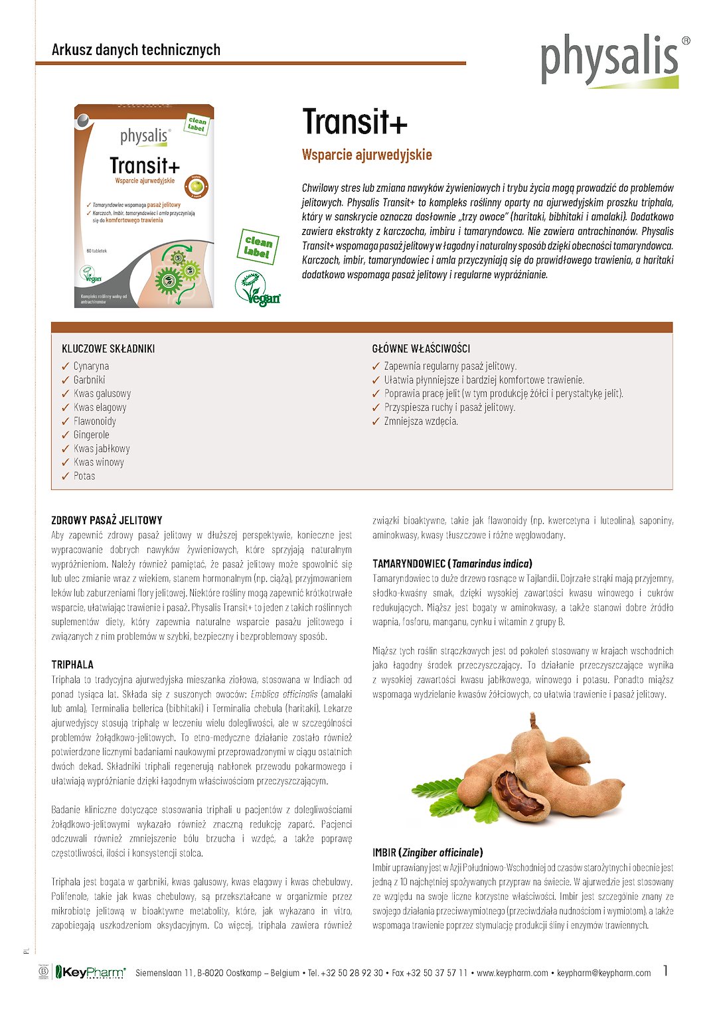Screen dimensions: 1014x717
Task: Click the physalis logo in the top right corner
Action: tap(609, 60)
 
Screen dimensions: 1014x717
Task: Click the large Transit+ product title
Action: tap(355, 122)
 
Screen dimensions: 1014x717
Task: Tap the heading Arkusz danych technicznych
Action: tap(136, 50)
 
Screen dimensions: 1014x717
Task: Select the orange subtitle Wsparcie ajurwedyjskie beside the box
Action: tap(366, 155)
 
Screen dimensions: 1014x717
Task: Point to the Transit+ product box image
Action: tap(144, 206)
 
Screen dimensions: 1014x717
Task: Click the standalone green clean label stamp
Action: tap(258, 246)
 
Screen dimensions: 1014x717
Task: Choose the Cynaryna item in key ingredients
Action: tap(91, 366)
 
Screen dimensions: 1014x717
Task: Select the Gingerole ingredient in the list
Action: tap(91, 435)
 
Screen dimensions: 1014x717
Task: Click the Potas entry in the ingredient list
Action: tap(84, 476)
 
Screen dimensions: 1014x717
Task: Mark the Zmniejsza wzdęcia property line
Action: tap(421, 421)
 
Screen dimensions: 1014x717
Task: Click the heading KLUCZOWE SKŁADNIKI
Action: tap(108, 349)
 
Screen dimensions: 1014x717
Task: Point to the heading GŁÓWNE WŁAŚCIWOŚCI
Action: tap(421, 349)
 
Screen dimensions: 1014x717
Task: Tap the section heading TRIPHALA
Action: tap(72, 665)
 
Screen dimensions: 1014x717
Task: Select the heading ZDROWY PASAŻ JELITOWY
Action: tap(107, 520)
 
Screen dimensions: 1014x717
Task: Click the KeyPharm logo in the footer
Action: tap(90, 973)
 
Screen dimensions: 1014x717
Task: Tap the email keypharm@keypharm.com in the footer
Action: tap(603, 974)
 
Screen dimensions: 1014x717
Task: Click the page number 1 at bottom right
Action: tap(666, 971)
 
